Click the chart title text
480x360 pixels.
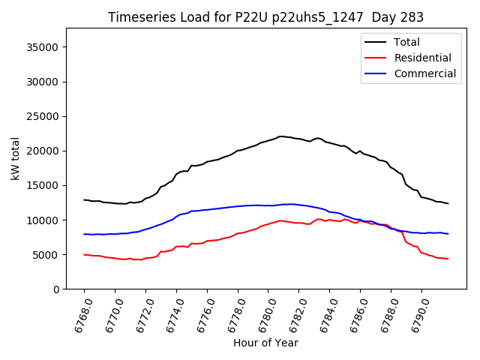tap(265, 17)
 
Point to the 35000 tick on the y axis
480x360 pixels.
tap(43, 47)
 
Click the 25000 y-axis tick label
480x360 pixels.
tap(43, 116)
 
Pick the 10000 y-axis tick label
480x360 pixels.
tap(43, 220)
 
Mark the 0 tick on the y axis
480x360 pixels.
tap(55, 289)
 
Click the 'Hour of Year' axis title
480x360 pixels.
tap(265, 343)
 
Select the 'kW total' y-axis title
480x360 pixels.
tap(16, 159)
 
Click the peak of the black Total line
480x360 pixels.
tap(281, 136)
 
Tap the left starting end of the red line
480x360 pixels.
tap(84, 255)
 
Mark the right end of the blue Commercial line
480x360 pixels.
tap(448, 234)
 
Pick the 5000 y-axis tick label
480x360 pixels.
tap(46, 255)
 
